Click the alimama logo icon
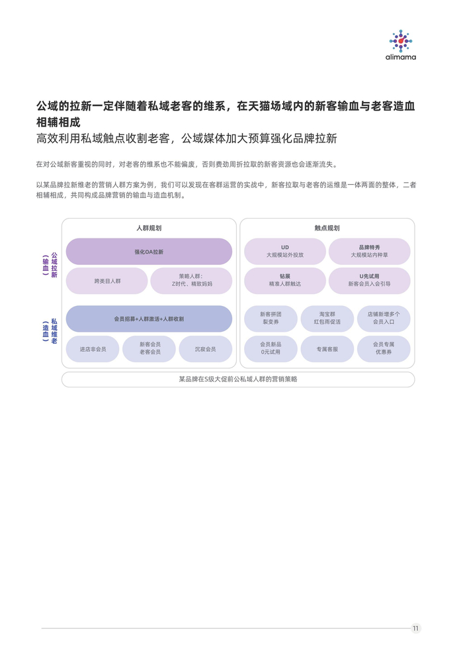click(x=400, y=41)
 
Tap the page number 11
click(x=415, y=629)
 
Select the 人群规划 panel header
click(x=149, y=228)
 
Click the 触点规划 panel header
click(x=327, y=228)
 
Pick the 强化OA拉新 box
click(x=149, y=252)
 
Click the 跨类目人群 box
click(x=107, y=281)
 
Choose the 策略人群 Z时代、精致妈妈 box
click(x=191, y=281)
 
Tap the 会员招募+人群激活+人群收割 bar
click(x=149, y=319)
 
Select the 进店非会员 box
click(x=93, y=349)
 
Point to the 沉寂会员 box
click(x=205, y=349)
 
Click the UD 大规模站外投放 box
click(x=285, y=251)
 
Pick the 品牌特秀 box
click(x=369, y=251)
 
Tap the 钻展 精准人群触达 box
click(x=285, y=280)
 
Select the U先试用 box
click(x=369, y=280)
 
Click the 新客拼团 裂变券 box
click(x=271, y=319)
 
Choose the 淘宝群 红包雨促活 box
click(x=327, y=319)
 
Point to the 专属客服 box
click(x=327, y=349)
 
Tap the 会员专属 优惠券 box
click(x=384, y=349)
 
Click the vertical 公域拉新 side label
click(x=54, y=265)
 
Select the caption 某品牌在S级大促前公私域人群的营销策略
click(x=238, y=379)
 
